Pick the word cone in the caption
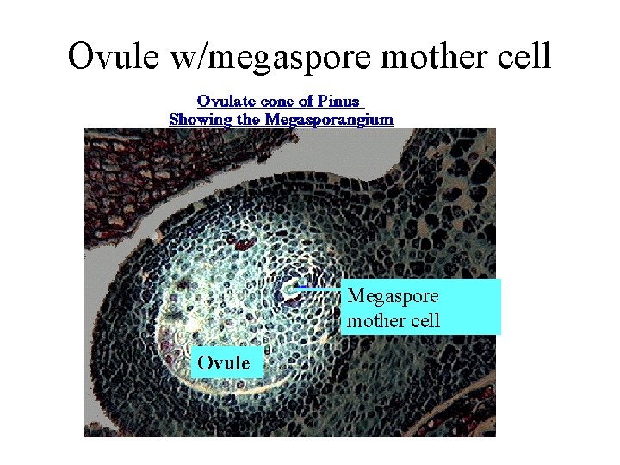279,102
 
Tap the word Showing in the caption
201,119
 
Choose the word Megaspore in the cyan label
393,296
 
